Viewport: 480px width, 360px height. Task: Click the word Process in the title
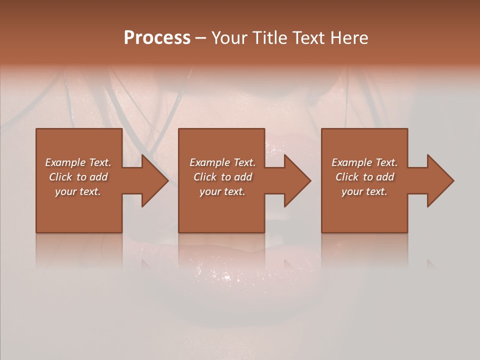click(157, 38)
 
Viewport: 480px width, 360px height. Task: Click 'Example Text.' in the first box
click(78, 162)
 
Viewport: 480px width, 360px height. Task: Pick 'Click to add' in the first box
click(78, 177)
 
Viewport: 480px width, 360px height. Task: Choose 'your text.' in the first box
click(78, 191)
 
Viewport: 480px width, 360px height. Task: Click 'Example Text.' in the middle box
click(222, 162)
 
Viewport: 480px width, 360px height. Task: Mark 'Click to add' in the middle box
click(222, 177)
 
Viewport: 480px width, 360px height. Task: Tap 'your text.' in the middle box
click(222, 191)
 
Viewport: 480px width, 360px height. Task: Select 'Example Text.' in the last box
click(364, 162)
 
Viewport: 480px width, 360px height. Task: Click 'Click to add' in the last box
click(364, 177)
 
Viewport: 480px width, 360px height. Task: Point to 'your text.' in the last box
click(364, 191)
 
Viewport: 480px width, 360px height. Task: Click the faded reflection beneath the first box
click(79, 250)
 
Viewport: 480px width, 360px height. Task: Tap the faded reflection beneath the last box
click(364, 250)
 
